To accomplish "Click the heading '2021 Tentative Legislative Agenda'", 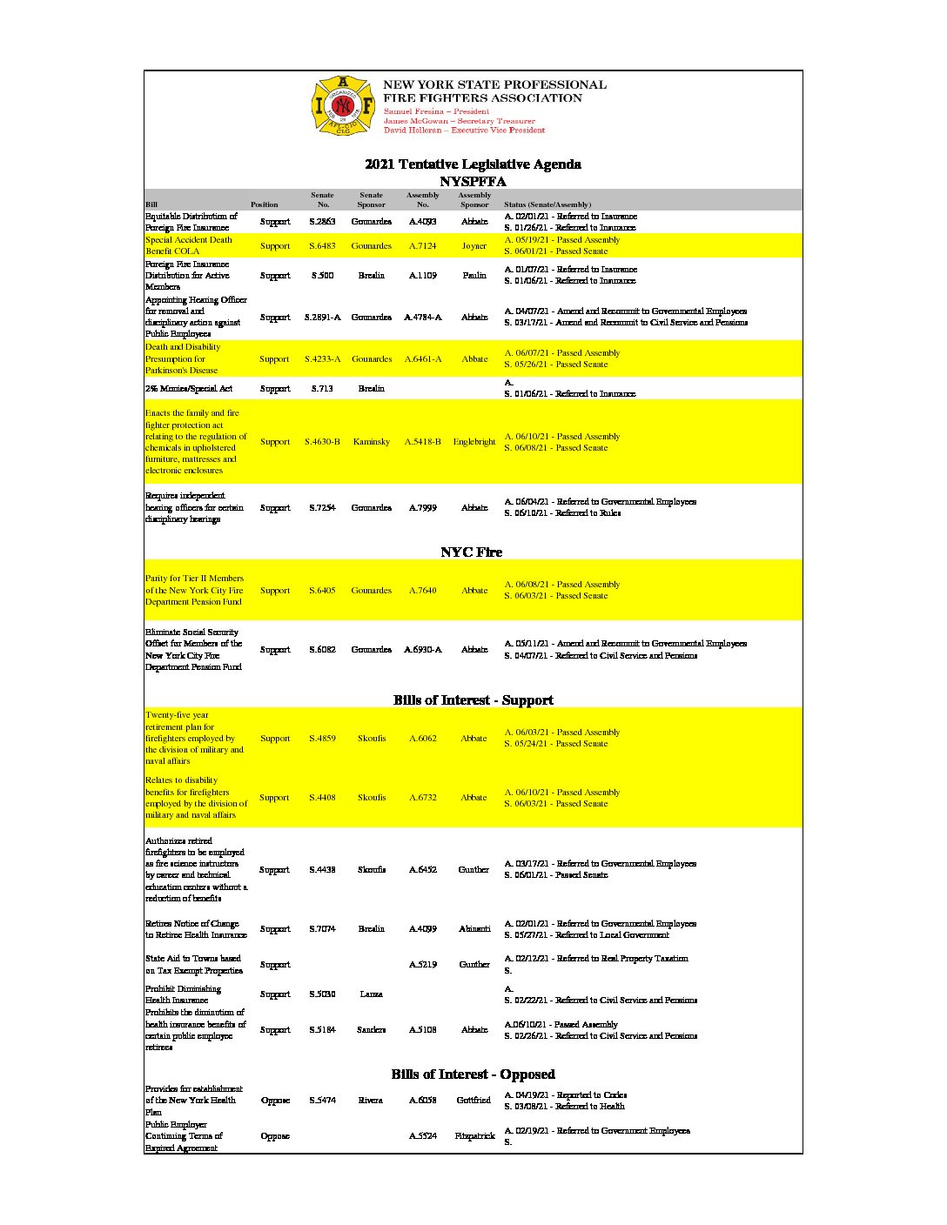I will [473, 164].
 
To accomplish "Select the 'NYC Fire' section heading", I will [471, 552].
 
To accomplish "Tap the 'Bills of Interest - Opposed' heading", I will [473, 1074].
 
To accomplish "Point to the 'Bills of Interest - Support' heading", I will [473, 700].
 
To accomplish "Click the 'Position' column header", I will [265, 204].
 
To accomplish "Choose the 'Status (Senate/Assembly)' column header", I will [547, 204].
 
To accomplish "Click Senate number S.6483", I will [322, 246].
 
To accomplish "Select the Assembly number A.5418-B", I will [423, 442].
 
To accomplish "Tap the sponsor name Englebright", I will [474, 442].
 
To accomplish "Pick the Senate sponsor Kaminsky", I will [372, 442].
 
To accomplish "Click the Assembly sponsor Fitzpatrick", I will [474, 1136].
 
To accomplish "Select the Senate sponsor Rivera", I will [371, 1101].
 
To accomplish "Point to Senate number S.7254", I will [322, 508].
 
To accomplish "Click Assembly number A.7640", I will [423, 591].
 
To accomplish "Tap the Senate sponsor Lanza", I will [371, 994].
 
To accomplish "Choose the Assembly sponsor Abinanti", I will [474, 929].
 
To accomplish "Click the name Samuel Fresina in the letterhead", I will [413, 112].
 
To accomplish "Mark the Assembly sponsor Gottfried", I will [474, 1101].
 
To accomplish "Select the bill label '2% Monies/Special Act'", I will [189, 389].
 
